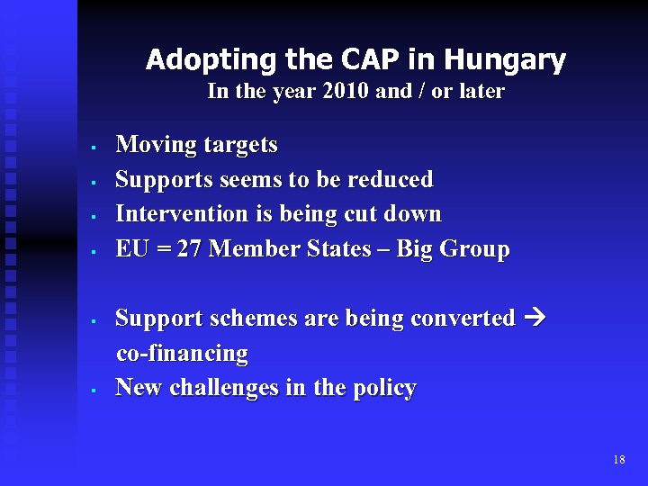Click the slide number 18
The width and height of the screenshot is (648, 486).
618,460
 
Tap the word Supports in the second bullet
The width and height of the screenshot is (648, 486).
161,179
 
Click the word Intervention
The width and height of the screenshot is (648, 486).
184,214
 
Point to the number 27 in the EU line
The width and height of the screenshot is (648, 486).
189,249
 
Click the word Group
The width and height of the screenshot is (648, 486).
474,249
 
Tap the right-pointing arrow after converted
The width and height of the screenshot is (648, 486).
534,318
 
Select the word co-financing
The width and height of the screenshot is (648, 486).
183,353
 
